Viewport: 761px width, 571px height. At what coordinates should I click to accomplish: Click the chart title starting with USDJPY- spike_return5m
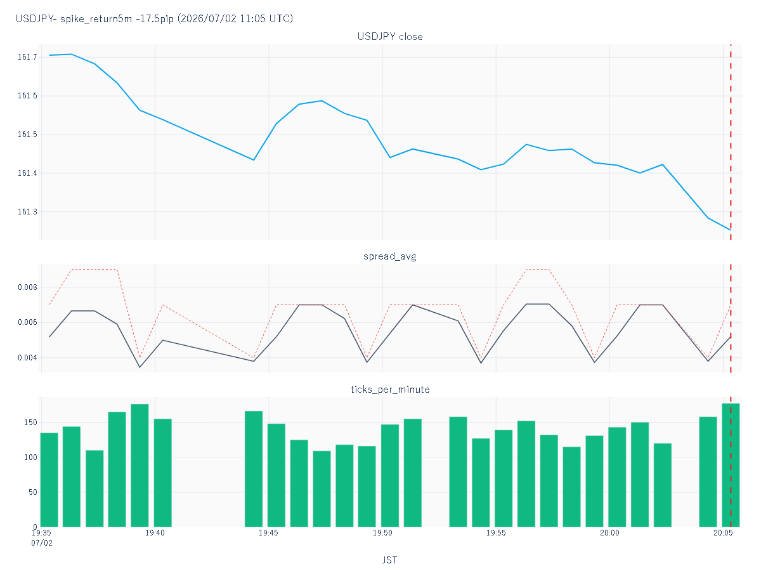[x=154, y=18]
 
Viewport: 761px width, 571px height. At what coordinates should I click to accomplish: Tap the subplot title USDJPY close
[x=389, y=37]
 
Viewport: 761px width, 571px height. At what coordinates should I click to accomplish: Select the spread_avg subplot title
[x=389, y=256]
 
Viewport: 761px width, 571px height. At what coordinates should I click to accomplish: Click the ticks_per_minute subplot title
[x=390, y=390]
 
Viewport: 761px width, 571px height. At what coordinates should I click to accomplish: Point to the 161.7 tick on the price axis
[x=27, y=57]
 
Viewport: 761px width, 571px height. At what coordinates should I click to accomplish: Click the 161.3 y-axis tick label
[x=27, y=211]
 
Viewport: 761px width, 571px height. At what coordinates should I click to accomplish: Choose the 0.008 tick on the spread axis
[x=27, y=287]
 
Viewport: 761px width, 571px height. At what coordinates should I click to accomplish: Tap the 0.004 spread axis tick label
[x=27, y=357]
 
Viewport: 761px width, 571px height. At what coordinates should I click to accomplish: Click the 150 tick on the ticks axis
[x=30, y=423]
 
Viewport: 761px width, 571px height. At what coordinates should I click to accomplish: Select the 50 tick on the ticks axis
[x=32, y=492]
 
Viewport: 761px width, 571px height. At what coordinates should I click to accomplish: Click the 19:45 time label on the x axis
[x=268, y=532]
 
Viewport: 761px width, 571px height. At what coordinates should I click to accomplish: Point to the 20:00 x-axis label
[x=609, y=532]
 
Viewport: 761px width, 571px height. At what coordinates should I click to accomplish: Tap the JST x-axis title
[x=389, y=560]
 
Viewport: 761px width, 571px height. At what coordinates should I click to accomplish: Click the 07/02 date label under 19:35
[x=42, y=542]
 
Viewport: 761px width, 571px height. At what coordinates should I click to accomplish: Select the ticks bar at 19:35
[x=49, y=480]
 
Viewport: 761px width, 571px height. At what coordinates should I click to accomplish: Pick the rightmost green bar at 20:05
[x=731, y=465]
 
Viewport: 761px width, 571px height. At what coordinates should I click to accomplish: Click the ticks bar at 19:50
[x=389, y=476]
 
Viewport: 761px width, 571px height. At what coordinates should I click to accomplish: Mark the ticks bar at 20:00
[x=617, y=477]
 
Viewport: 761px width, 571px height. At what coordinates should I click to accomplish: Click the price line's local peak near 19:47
[x=322, y=101]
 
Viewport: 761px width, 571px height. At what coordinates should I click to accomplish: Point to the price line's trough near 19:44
[x=254, y=160]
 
